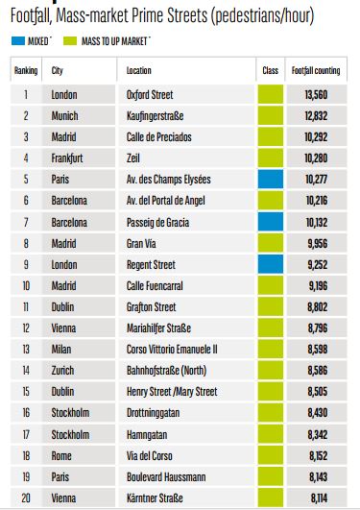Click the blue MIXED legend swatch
18,41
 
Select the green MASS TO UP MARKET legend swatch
70,41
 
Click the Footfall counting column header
316,70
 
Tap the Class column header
271,70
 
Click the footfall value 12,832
316,116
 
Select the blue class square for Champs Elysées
271,179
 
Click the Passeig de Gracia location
157,223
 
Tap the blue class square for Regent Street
271,264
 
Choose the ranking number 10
26,285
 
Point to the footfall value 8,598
318,349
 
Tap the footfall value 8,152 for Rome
318,455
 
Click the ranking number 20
26,498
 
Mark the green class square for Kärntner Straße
271,498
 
